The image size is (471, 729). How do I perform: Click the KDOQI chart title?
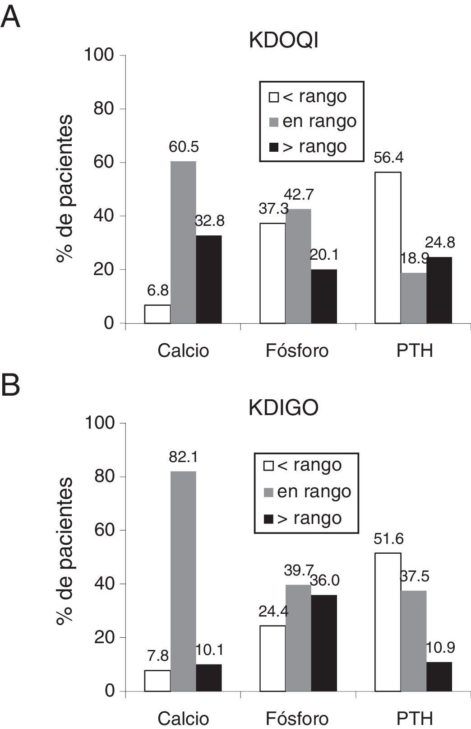(283, 41)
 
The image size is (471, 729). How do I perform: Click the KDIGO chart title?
(283, 408)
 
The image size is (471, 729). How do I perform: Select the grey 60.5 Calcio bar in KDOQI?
(183, 242)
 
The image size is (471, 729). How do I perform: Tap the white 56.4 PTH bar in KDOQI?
(388, 248)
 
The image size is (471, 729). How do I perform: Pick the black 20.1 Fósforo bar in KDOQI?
(323, 296)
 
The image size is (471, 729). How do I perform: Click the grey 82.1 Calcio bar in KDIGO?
(183, 581)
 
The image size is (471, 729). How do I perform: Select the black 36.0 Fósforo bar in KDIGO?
(323, 643)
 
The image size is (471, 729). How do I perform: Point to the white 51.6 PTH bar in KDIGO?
(388, 622)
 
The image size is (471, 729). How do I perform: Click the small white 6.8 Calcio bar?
(157, 314)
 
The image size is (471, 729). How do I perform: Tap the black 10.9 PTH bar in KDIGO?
(439, 677)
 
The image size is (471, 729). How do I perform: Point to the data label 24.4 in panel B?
(273, 612)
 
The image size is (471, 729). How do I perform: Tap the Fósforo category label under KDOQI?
(297, 350)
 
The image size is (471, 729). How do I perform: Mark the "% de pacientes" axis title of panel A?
(65, 189)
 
